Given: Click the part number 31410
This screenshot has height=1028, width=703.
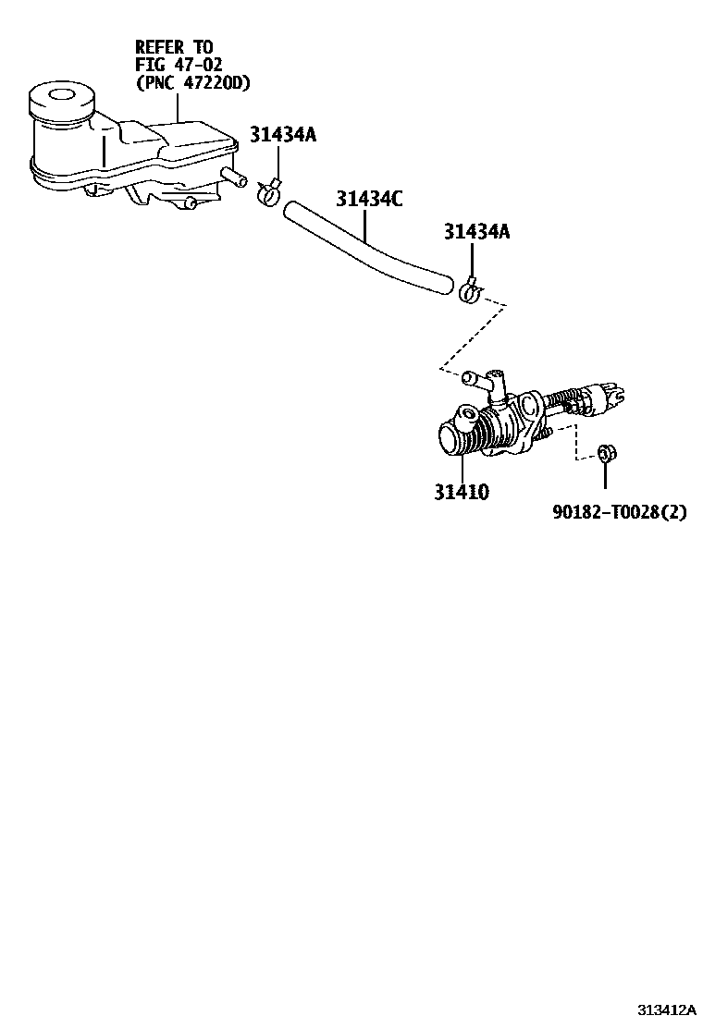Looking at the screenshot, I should point(462,493).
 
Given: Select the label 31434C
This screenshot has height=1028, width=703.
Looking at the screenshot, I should point(369,199).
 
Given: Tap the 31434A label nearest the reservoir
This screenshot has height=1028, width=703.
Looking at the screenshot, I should point(282,136).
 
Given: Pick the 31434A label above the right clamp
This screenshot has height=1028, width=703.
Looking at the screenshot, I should point(476,232).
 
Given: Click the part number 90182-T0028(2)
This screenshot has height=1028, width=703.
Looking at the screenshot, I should point(621,512).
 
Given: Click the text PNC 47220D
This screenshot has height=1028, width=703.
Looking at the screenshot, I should point(193,84).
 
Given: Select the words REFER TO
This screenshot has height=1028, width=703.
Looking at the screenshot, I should point(174,46).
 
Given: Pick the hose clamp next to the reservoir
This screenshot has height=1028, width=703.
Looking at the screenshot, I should point(267,192).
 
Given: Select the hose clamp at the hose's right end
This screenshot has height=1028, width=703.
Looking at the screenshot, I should point(469,292).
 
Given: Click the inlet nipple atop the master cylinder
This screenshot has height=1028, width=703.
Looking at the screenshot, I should point(481,380).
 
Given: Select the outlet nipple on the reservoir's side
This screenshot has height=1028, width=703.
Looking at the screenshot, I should point(234,175).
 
